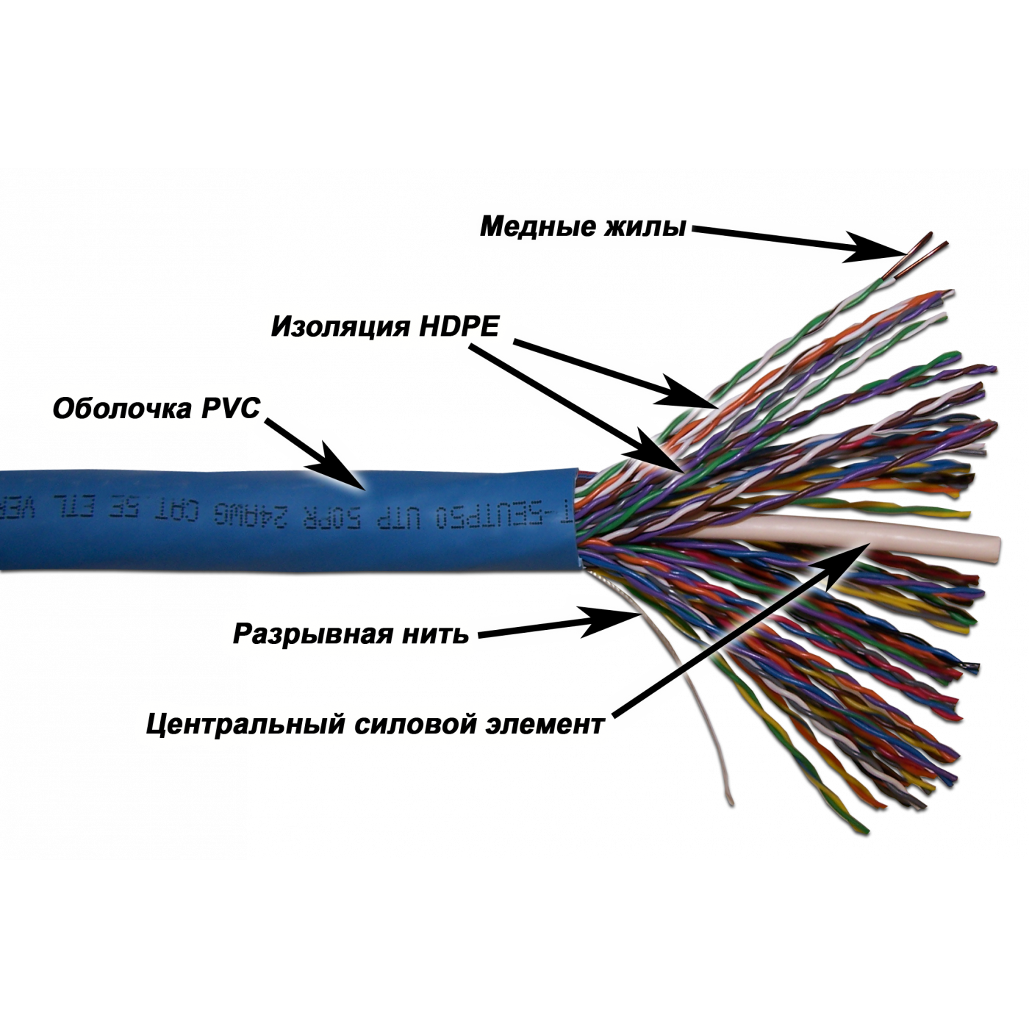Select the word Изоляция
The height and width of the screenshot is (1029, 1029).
click(340, 326)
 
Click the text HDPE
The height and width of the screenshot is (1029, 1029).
click(457, 327)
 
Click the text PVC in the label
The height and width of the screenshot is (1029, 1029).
click(231, 409)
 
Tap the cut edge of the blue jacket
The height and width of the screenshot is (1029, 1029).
click(576, 514)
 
